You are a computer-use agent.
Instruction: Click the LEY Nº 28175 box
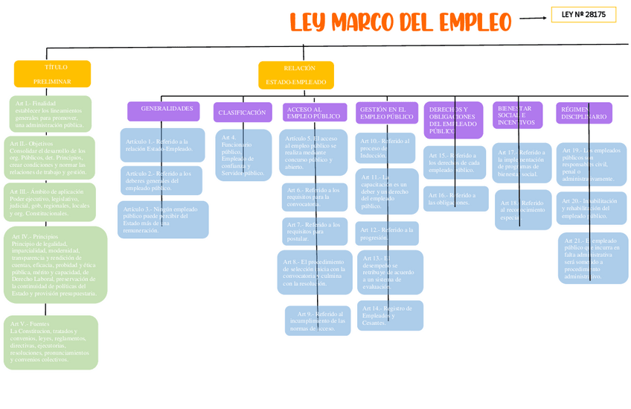coord(583,14)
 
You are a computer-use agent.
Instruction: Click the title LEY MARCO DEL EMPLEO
coord(401,22)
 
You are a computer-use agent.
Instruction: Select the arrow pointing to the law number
coord(534,19)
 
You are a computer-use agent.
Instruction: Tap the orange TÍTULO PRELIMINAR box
coord(52,74)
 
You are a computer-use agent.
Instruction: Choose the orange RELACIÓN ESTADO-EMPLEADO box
coord(296,74)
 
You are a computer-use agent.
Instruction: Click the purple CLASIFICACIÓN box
coord(243,112)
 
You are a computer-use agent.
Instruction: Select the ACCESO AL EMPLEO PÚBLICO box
coord(315,112)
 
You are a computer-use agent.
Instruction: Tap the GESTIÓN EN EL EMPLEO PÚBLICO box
coord(387,112)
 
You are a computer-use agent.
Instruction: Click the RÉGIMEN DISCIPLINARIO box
coord(584,112)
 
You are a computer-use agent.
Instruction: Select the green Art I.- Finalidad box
coord(50,113)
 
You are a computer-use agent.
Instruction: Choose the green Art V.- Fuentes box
coord(51,342)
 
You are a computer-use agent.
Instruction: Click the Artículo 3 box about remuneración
coord(163,220)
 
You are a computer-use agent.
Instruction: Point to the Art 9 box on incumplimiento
coord(318,321)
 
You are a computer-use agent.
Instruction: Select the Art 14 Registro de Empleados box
coord(390,316)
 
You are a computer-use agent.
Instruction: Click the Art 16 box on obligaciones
coord(457,199)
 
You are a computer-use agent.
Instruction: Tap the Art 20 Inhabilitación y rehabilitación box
coord(592,209)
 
